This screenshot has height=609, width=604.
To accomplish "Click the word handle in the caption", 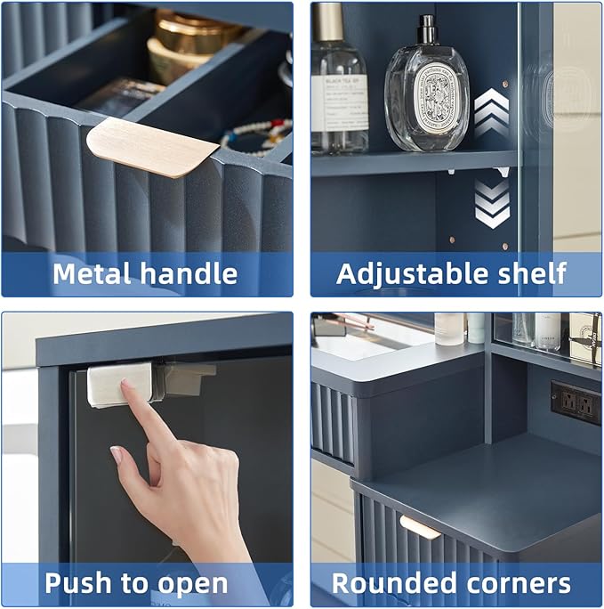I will click(188, 273).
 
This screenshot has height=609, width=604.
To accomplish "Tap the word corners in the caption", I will click(516, 584).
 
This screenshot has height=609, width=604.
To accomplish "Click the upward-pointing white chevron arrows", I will click(491, 112).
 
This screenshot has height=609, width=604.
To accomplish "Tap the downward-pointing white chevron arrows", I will click(491, 203).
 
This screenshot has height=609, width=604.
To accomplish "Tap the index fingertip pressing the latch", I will click(127, 386).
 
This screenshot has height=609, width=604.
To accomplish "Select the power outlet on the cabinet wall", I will click(576, 402).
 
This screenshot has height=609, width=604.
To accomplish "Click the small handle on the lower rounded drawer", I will click(419, 527).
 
